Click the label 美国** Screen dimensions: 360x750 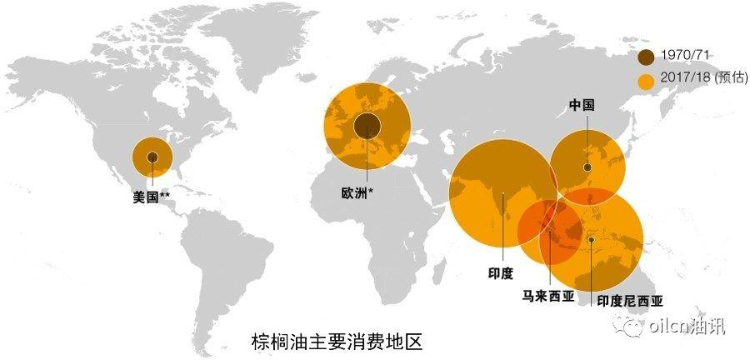tap(152, 197)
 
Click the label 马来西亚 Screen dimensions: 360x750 tap(548, 295)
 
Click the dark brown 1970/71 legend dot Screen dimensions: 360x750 tap(647, 57)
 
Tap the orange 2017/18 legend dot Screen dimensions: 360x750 tap(647, 81)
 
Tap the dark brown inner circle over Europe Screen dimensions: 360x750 tap(366, 127)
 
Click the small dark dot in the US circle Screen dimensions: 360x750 tap(152, 157)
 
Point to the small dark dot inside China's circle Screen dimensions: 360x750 tap(587, 167)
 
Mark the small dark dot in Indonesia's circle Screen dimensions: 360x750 tap(591, 240)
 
